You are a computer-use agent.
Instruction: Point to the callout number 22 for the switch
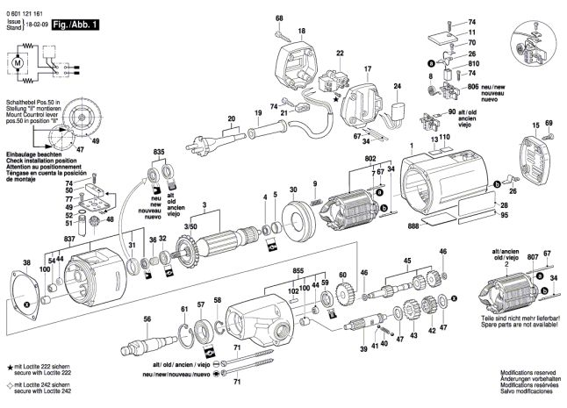[x=339, y=54]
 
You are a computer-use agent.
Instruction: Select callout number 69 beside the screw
[x=549, y=123]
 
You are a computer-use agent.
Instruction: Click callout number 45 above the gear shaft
[x=406, y=261]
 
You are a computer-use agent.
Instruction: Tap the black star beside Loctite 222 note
[x=9, y=364]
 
